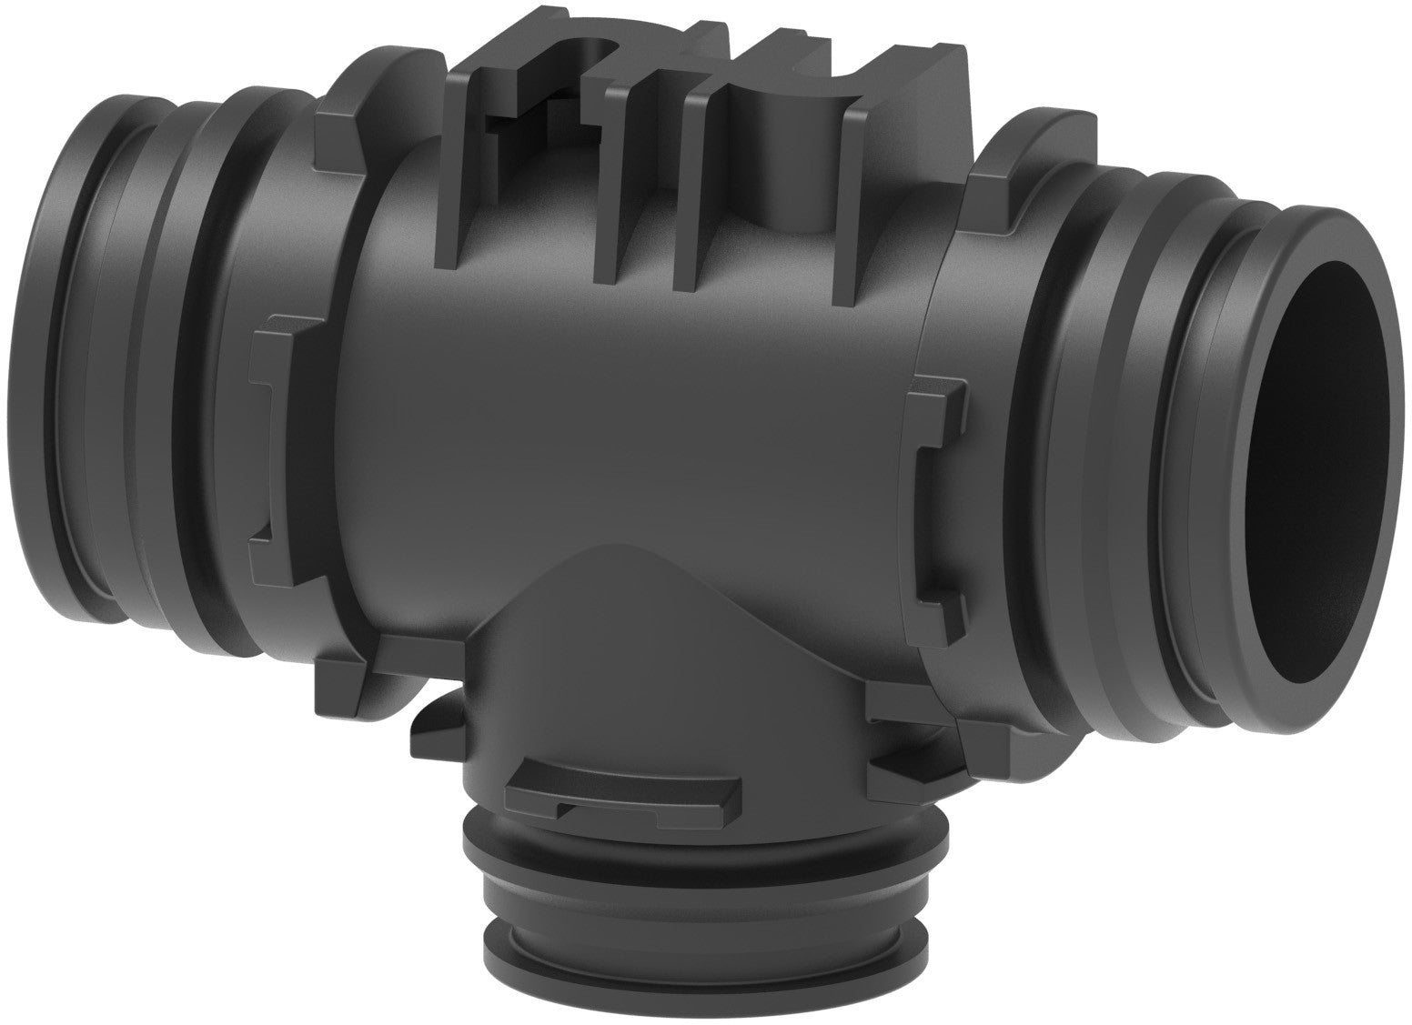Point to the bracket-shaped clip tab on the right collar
937,491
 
